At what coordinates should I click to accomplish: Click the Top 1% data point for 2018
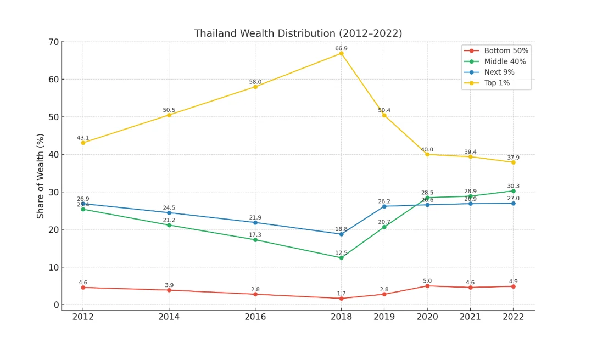[341, 53]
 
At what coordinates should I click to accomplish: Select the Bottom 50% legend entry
[506, 50]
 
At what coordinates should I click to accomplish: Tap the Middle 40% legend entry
[505, 61]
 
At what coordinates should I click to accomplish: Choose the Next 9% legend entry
[499, 72]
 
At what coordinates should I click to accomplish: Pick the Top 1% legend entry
[496, 83]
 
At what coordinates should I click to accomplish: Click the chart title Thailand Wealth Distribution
[298, 33]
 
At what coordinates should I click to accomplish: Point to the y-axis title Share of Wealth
[41, 176]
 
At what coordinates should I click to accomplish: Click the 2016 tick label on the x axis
[255, 317]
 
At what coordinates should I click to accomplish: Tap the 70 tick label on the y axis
[53, 42]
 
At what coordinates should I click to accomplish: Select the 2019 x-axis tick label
[384, 317]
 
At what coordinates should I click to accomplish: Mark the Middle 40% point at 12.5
[341, 257]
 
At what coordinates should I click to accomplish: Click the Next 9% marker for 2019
[384, 206]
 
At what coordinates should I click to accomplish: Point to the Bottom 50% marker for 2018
[341, 298]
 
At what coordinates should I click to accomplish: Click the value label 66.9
[341, 48]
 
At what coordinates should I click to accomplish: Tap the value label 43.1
[83, 138]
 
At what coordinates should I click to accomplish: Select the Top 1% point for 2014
[169, 115]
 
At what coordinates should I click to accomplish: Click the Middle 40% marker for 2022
[514, 191]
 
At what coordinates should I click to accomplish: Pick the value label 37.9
[514, 157]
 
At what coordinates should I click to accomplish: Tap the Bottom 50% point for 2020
[427, 286]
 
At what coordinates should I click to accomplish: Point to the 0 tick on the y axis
[55, 305]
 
